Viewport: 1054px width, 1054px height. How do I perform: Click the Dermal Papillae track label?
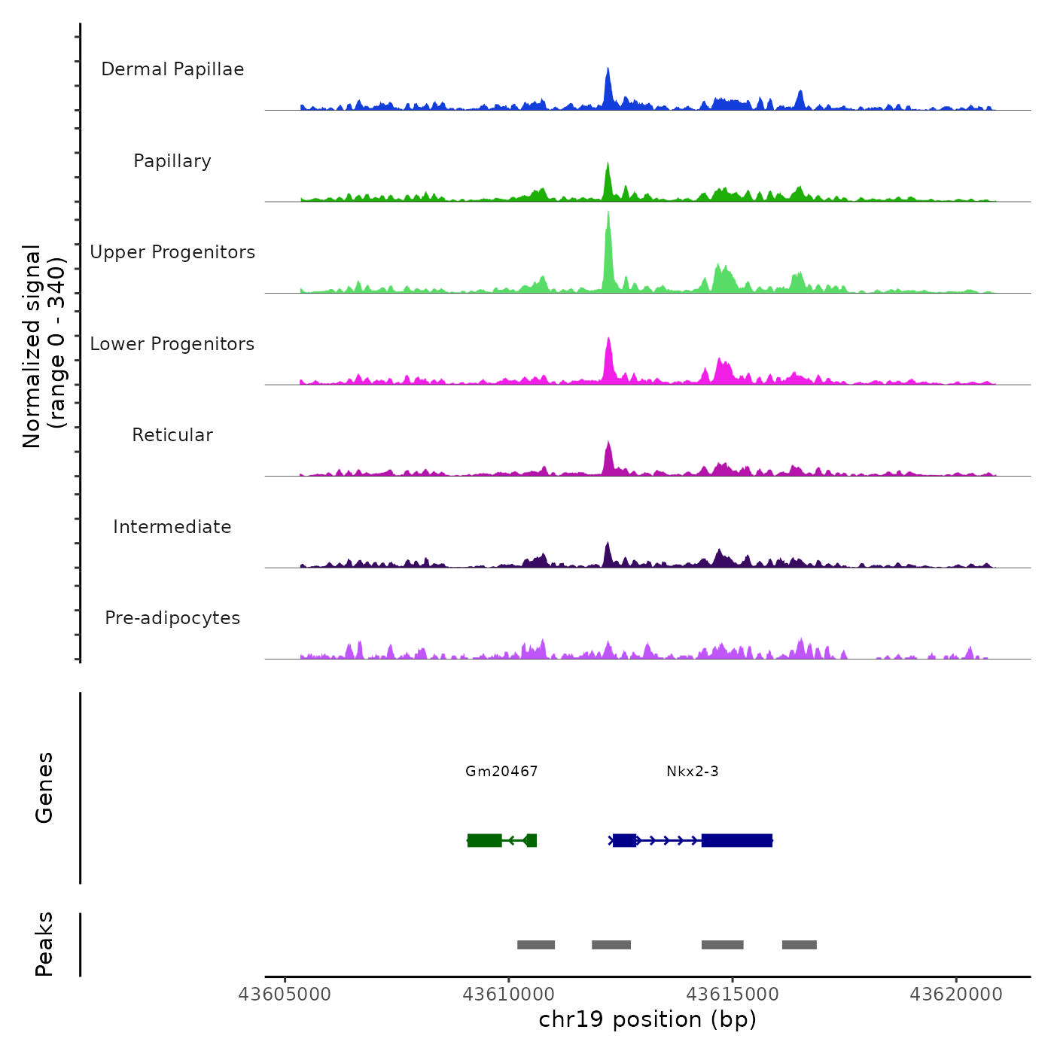pyautogui.click(x=172, y=69)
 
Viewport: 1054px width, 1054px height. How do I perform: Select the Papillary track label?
pyautogui.click(x=172, y=161)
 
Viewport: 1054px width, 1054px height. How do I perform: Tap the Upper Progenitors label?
pyautogui.click(x=172, y=252)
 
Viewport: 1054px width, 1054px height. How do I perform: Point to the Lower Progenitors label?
pyautogui.click(x=172, y=344)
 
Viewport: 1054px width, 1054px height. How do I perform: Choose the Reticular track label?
pyautogui.click(x=172, y=435)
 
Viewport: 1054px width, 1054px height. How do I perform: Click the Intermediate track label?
pyautogui.click(x=172, y=527)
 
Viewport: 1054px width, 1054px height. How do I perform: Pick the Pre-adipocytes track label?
pyautogui.click(x=172, y=618)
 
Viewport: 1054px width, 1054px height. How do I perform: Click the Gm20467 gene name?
pyautogui.click(x=501, y=771)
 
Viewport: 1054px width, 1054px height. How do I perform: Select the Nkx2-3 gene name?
pyautogui.click(x=693, y=771)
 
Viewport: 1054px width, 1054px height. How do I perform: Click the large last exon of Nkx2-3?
pyautogui.click(x=737, y=840)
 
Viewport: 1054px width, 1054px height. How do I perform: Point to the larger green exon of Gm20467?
pyautogui.click(x=485, y=840)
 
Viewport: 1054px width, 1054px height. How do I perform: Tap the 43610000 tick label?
pyautogui.click(x=508, y=995)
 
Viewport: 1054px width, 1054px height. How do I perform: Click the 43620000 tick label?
pyautogui.click(x=956, y=995)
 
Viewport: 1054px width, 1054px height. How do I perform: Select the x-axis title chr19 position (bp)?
pyautogui.click(x=647, y=1019)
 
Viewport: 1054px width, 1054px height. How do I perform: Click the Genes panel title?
pyautogui.click(x=44, y=787)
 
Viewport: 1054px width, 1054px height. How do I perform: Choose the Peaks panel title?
pyautogui.click(x=44, y=944)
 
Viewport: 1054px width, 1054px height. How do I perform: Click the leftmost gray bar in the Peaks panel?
pyautogui.click(x=536, y=945)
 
